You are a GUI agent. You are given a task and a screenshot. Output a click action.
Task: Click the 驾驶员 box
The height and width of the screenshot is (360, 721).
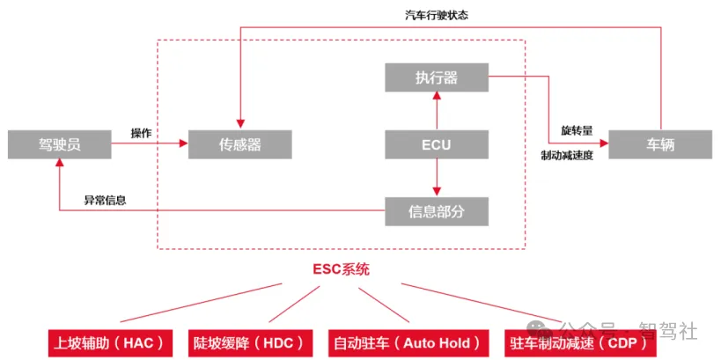coord(60,144)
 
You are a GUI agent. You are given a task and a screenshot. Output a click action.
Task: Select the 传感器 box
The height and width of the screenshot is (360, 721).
coord(239,144)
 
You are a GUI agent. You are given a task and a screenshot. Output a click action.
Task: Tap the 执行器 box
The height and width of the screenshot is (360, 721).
coord(437,77)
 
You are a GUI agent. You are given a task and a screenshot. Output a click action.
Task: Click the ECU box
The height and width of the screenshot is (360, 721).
coord(437,144)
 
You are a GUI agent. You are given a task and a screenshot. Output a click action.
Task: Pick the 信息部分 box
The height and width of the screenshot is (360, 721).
coord(437,211)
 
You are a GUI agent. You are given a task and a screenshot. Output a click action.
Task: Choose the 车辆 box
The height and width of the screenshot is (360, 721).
coord(660,144)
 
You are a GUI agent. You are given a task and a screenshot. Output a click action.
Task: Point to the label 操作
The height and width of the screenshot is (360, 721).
coord(141,133)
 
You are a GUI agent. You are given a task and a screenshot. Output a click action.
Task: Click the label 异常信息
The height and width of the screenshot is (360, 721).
coord(105,200)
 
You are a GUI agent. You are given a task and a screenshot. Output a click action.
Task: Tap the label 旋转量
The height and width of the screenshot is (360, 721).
coord(577,130)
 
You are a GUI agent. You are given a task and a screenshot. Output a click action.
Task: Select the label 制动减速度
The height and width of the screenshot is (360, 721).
coord(567,155)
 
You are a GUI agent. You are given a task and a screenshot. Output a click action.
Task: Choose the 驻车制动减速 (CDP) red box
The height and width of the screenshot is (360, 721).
coord(581,342)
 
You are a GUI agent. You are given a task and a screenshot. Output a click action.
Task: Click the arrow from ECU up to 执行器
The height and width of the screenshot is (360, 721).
coord(437,111)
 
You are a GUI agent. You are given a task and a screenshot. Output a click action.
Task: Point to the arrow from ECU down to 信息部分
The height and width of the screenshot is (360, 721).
coord(437,178)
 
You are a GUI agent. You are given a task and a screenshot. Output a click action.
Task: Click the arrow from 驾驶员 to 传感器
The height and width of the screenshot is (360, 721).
coord(150,144)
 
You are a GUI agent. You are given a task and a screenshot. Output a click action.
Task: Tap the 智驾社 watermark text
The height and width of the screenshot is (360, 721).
coord(668,332)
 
